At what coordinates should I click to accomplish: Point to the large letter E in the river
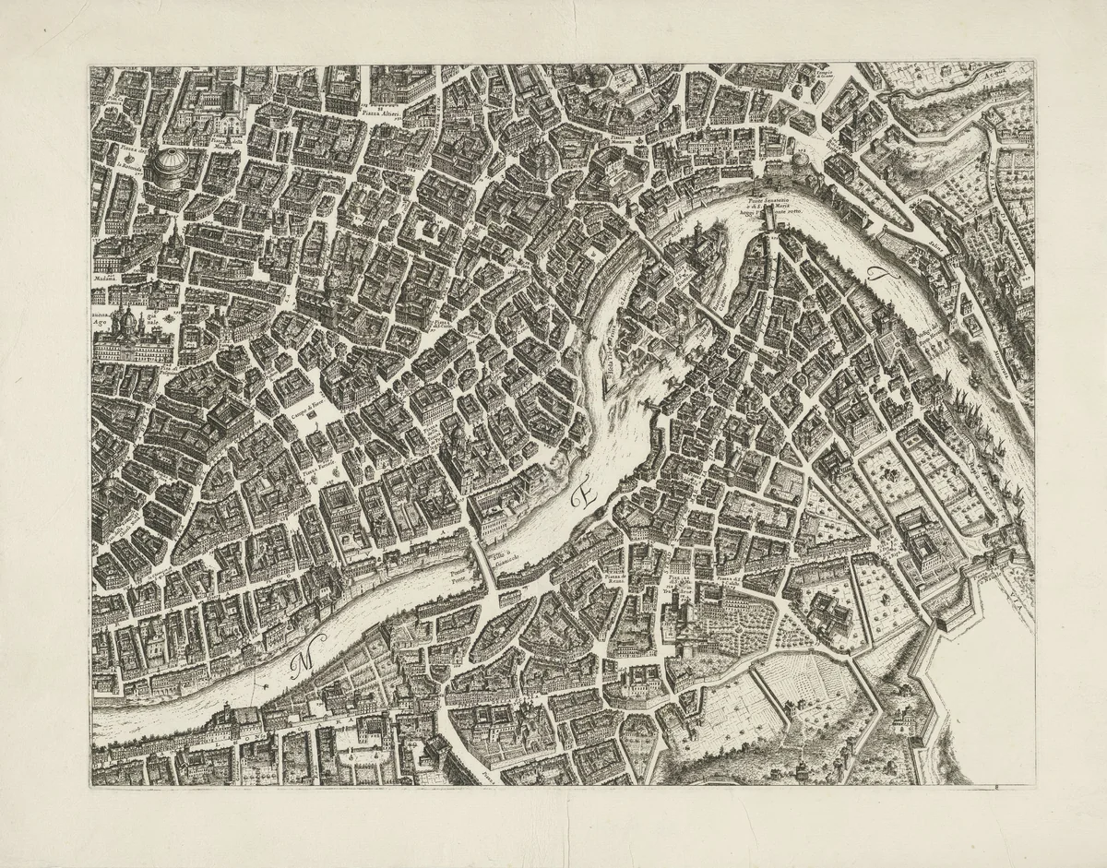[583, 498]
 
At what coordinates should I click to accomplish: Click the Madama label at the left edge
[107, 274]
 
